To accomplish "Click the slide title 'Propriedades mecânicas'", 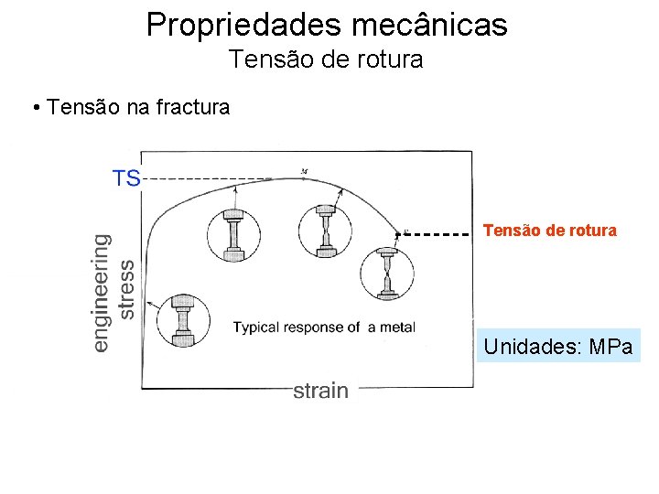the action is coord(327,25).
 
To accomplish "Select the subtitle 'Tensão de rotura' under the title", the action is coord(326,59).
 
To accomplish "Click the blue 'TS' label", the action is coord(126,177).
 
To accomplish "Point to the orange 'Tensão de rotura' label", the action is coord(549,231).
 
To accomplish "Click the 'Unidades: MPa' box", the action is coord(558,348).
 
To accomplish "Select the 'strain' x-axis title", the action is coord(320,391).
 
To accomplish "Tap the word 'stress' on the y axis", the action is coord(127,289).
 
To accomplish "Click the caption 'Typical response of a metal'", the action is coord(324,328).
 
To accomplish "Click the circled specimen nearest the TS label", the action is coord(233,236).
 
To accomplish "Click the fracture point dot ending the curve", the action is coord(397,234).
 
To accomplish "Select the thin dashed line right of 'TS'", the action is coord(211,178).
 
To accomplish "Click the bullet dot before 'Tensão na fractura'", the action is coord(34,109).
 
